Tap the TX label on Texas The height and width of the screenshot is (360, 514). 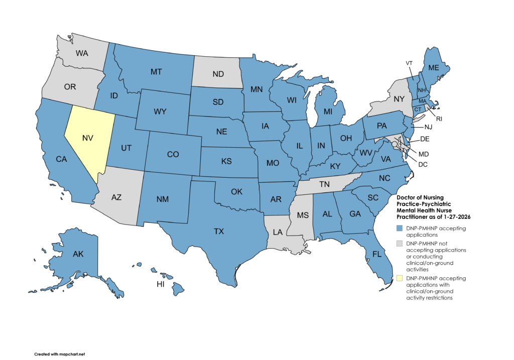219,231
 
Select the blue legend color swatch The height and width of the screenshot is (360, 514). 399,228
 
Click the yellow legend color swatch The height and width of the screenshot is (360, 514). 399,278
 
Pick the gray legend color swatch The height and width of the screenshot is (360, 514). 399,243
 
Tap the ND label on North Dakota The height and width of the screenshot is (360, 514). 218,74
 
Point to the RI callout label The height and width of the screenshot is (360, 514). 440,119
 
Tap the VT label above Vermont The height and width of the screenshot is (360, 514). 409,63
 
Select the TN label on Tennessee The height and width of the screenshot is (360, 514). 325,185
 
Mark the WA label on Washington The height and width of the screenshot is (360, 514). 82,53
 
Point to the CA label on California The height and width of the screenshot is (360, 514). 61,159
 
